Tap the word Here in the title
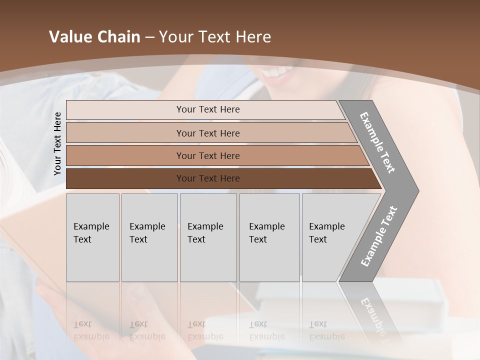[x=253, y=37]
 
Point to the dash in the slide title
[x=149, y=37]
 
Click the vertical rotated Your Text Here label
[x=57, y=143]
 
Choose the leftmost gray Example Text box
[x=92, y=237]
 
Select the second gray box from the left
[x=149, y=237]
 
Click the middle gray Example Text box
[x=208, y=237]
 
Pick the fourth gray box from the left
[x=269, y=237]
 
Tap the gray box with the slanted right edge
[x=332, y=237]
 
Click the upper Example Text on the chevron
[x=378, y=142]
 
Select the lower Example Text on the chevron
[x=379, y=236]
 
